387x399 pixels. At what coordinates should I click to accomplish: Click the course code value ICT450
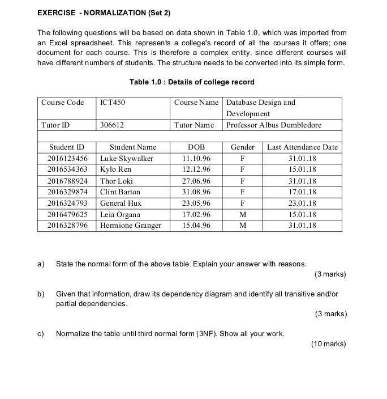pos(112,103)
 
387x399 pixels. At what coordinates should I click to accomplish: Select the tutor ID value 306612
pos(112,125)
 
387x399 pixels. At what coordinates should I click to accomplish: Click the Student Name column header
pos(133,147)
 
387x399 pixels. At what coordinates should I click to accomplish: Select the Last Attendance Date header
pos(302,147)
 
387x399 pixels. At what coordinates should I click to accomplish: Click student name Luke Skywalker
pos(127,158)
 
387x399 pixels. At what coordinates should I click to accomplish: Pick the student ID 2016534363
pos(67,169)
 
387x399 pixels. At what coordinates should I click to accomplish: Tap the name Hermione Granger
pos(130,226)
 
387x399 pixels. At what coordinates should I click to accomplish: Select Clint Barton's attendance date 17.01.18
pos(302,192)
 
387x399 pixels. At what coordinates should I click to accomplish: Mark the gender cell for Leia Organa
pos(242,215)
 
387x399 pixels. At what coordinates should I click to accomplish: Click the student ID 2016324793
pos(67,203)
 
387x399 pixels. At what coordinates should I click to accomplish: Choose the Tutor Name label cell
pos(194,125)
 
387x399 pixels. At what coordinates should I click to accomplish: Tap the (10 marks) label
pos(328,344)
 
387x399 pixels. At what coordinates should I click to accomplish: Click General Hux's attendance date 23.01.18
pos(302,203)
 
